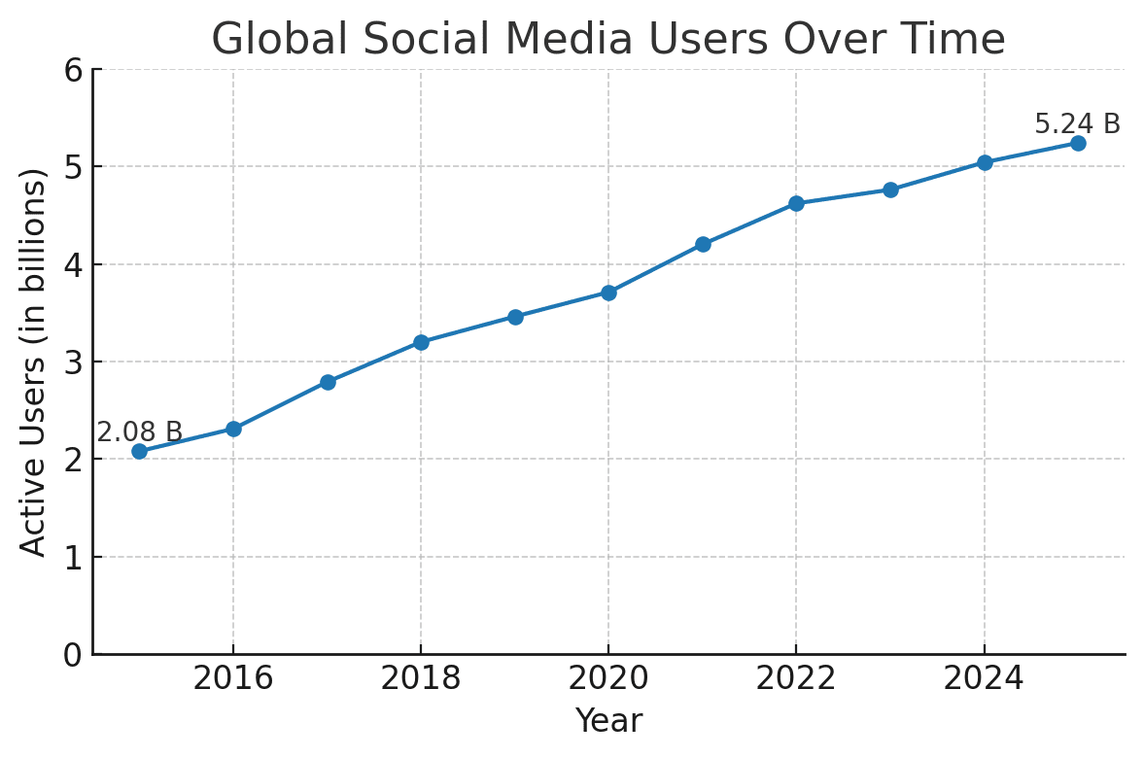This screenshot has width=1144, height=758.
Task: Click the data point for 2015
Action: (x=139, y=451)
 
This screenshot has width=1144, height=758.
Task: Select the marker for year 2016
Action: (x=233, y=429)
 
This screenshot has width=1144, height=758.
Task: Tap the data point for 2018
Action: (x=421, y=342)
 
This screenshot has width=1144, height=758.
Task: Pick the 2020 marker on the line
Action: (x=608, y=293)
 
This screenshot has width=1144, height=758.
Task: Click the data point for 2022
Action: (x=796, y=203)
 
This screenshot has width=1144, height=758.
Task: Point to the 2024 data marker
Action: (x=985, y=162)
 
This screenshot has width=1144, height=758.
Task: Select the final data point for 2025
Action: (x=1078, y=143)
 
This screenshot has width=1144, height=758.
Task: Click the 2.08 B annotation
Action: (x=139, y=432)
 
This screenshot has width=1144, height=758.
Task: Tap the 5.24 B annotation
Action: (x=1077, y=124)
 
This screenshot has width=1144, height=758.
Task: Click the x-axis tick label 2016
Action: (x=233, y=679)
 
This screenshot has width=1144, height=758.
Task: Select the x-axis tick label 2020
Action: (x=608, y=679)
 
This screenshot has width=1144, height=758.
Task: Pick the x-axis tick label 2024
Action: (x=985, y=679)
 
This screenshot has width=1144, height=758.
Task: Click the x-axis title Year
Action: (x=608, y=721)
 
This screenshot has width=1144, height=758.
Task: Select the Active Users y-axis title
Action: (x=34, y=362)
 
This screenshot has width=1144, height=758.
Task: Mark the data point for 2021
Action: (x=703, y=244)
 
